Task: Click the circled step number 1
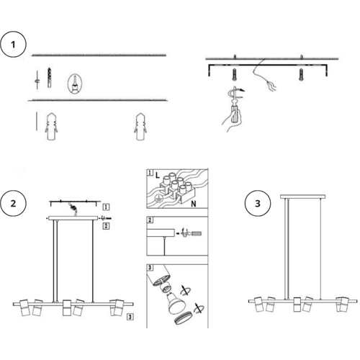tap(13, 45)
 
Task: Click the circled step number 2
tap(13, 204)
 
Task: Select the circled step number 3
tap(258, 204)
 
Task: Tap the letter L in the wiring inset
tap(157, 176)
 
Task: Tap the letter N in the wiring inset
tap(194, 204)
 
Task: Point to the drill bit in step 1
tap(49, 78)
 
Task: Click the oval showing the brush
tap(75, 84)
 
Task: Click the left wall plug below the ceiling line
tap(51, 127)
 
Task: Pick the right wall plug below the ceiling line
tap(140, 127)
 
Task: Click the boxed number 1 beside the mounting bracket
tap(106, 207)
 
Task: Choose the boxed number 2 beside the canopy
tap(106, 226)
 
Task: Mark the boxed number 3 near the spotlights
tap(130, 317)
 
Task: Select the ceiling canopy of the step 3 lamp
tap(302, 197)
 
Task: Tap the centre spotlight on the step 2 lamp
tap(66, 307)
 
